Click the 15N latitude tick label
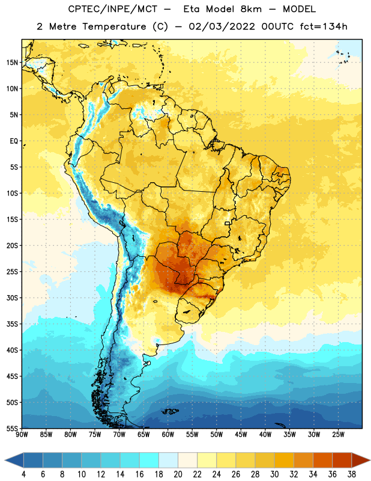pyautogui.click(x=12, y=63)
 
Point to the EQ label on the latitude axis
pyautogui.click(x=14, y=141)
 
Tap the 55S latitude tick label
pyautogui.click(x=12, y=428)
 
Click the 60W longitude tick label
pyautogui.click(x=168, y=435)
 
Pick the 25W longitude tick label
pyautogui.click(x=338, y=435)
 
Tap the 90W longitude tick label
pyautogui.click(x=22, y=435)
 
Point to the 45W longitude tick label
pyautogui.click(x=241, y=435)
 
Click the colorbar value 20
pyautogui.click(x=178, y=474)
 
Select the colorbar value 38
pyautogui.click(x=351, y=474)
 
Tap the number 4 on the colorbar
pyautogui.click(x=23, y=474)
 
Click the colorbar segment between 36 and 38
pyautogui.click(x=342, y=460)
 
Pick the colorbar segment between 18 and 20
pyautogui.click(x=169, y=460)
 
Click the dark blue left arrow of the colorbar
pyautogui.click(x=14, y=460)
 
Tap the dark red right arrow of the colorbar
pyautogui.click(x=361, y=460)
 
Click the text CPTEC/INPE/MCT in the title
pyautogui.click(x=112, y=9)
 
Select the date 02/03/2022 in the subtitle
pyautogui.click(x=222, y=26)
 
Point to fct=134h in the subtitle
pyautogui.click(x=324, y=26)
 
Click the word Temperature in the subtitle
pyautogui.click(x=114, y=26)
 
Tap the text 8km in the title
pyautogui.click(x=251, y=9)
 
